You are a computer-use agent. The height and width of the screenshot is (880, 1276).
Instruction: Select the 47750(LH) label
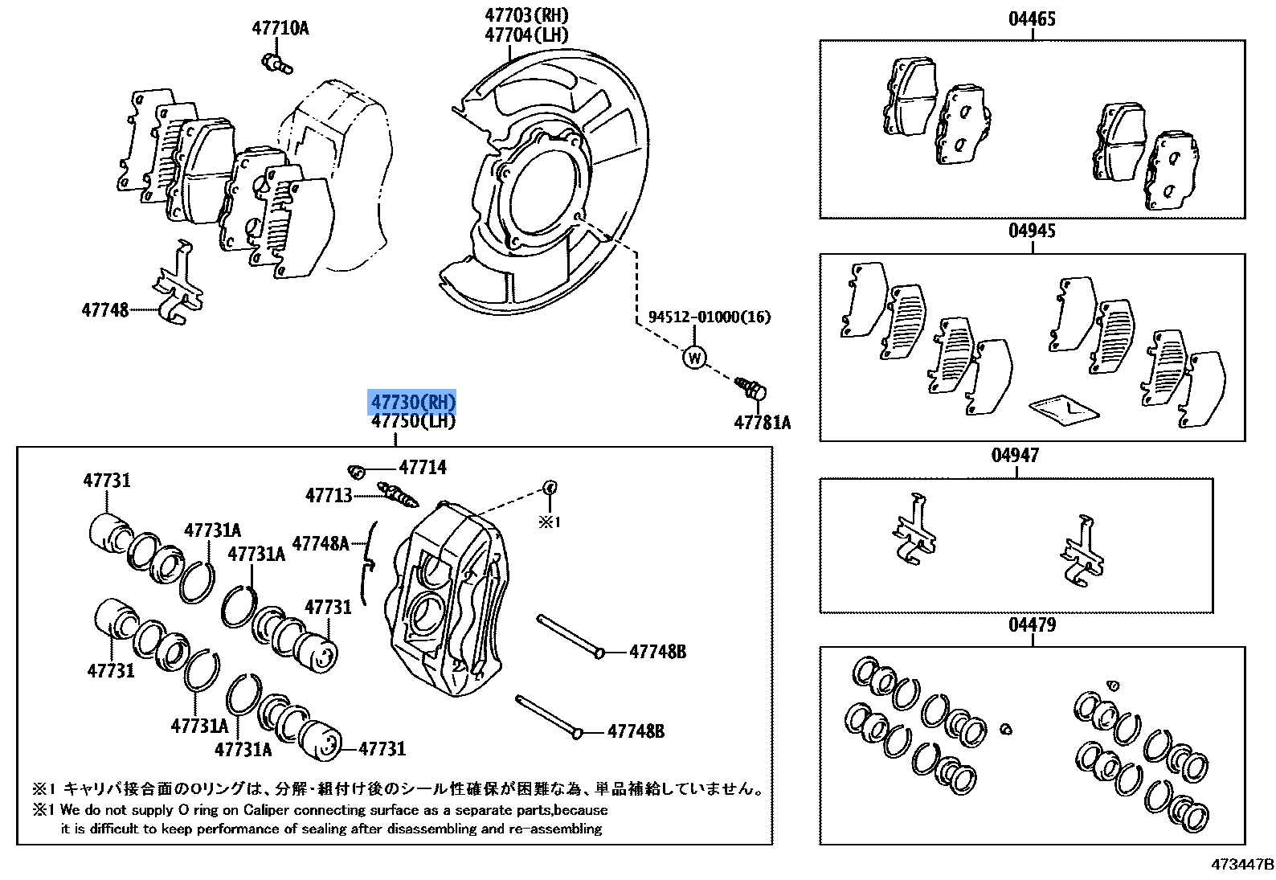[413, 421]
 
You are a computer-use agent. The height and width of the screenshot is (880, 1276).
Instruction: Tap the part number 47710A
[280, 28]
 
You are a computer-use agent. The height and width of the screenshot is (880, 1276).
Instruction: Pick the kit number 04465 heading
[1032, 18]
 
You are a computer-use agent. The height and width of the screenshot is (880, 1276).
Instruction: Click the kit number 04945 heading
[1032, 231]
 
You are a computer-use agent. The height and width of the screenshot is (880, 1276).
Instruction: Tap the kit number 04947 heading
[1015, 456]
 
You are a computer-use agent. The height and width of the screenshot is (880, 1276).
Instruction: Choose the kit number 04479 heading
[1032, 624]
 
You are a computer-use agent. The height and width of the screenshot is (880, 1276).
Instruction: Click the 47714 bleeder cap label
[423, 467]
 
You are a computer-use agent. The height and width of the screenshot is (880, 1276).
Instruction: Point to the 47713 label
[329, 495]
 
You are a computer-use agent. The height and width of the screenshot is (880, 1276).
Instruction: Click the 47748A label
[321, 544]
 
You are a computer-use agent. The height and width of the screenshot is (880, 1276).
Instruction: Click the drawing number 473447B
[1243, 865]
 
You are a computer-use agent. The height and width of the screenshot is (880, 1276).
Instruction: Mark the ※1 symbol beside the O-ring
[549, 522]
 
